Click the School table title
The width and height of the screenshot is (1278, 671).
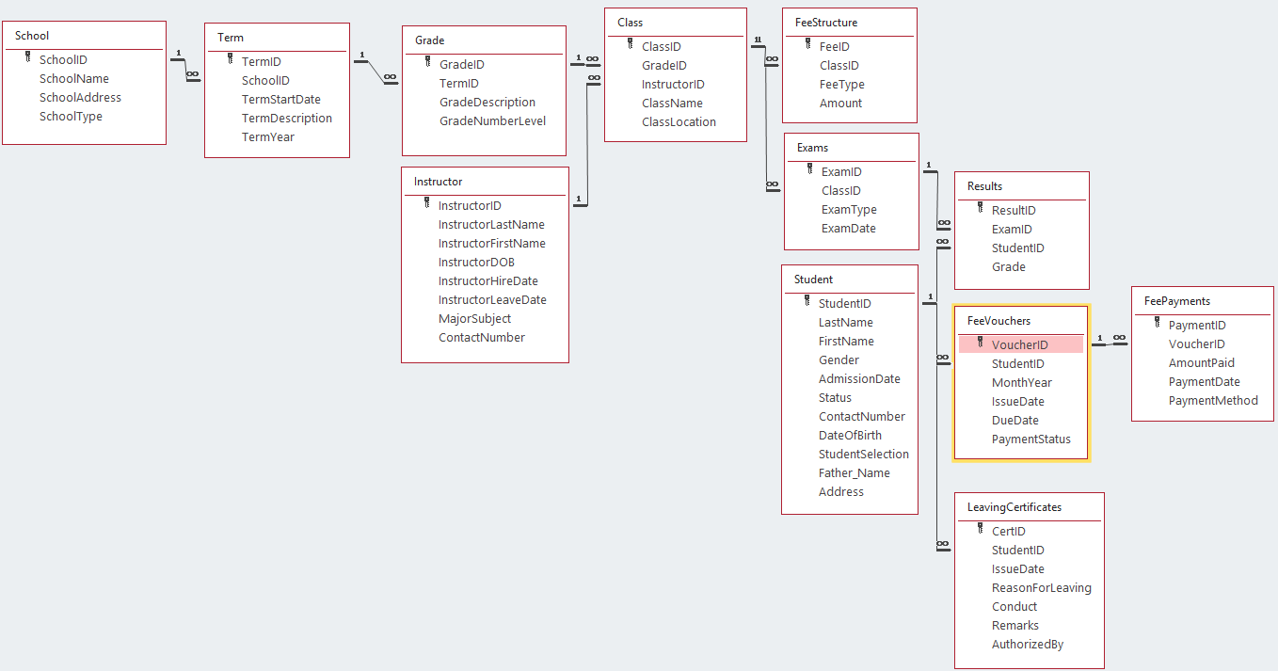click(32, 36)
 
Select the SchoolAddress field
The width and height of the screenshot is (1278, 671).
click(80, 98)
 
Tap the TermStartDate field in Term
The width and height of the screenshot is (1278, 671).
click(280, 100)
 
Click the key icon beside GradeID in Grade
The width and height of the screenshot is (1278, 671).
click(428, 64)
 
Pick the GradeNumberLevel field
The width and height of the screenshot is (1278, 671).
click(492, 121)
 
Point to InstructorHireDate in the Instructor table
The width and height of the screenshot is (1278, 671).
click(487, 281)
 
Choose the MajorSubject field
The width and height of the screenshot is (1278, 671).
click(474, 319)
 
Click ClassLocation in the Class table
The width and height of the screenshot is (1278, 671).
click(679, 122)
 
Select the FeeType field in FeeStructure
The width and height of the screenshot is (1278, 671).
click(841, 85)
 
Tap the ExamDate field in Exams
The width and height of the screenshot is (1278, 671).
click(848, 229)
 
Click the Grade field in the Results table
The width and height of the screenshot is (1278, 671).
click(1008, 267)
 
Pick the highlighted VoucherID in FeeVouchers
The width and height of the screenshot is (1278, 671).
click(1019, 345)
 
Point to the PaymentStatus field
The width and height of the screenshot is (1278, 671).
click(1030, 439)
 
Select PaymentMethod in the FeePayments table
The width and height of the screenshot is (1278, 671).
click(1213, 401)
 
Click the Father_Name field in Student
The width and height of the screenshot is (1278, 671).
click(854, 473)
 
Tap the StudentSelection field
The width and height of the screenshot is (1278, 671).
click(863, 455)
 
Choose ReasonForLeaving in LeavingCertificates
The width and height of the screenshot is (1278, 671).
click(1041, 588)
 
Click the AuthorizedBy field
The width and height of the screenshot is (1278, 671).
click(1027, 645)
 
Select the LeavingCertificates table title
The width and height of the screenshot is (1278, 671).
click(1014, 507)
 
